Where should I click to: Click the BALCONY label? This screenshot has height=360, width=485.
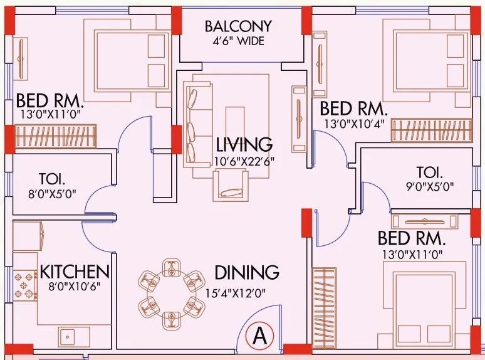238,26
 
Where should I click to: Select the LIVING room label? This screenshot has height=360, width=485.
243,144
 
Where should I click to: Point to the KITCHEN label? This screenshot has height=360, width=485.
75,272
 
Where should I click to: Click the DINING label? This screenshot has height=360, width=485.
246,273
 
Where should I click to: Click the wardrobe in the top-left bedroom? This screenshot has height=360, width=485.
57,135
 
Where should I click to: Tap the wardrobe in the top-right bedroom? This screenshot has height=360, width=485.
430,131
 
